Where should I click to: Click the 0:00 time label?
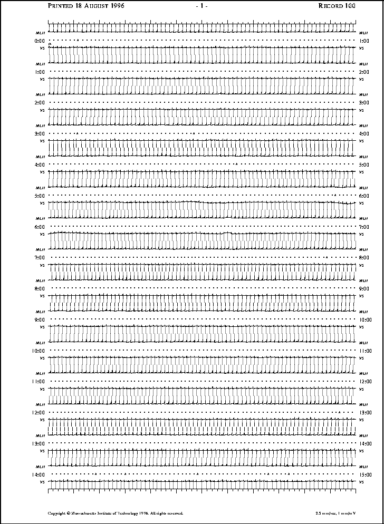(40, 41)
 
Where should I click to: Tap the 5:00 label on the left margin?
(40, 196)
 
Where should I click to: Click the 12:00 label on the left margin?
(39, 412)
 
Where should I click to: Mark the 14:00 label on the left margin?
(39, 474)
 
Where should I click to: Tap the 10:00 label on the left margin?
(39, 351)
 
